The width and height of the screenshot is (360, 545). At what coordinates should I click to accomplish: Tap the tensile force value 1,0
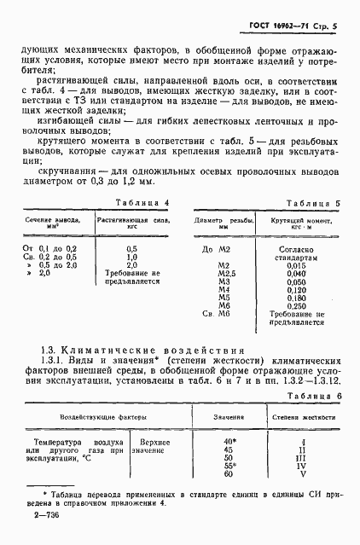coord(131,257)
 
